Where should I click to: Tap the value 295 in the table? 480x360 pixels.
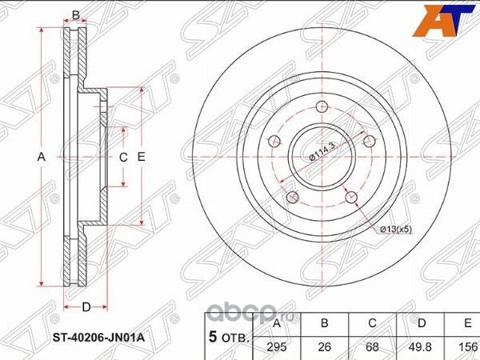click(x=277, y=347)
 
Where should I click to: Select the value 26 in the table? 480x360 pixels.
click(x=325, y=347)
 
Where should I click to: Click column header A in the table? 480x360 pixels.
click(x=277, y=324)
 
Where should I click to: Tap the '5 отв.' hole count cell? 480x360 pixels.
click(x=226, y=335)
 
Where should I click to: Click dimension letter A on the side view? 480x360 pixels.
click(x=42, y=158)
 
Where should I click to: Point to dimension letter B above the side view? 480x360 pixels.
click(x=76, y=14)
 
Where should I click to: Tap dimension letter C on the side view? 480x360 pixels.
click(x=123, y=158)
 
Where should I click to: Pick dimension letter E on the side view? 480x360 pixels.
click(x=141, y=158)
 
